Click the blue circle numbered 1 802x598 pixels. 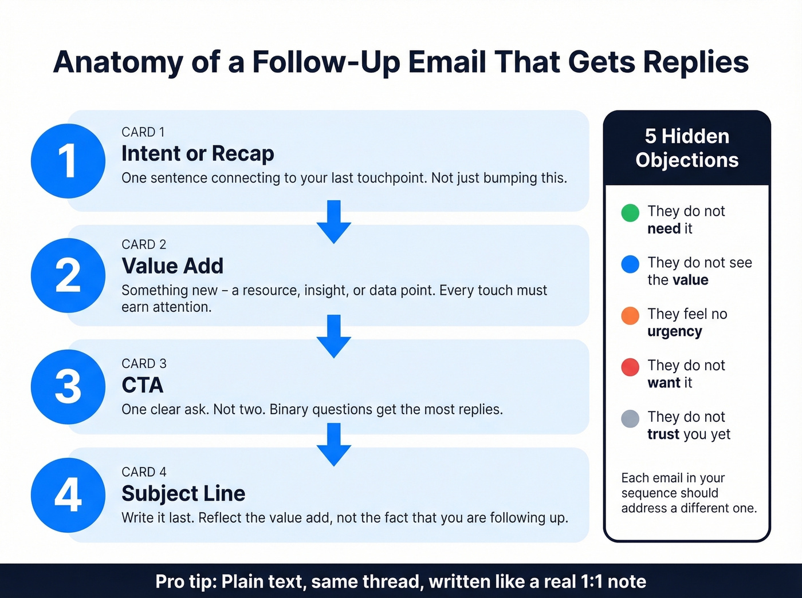tap(68, 161)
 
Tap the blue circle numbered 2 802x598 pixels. tap(68, 275)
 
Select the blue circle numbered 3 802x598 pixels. tap(68, 387)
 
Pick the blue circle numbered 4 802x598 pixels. tap(68, 495)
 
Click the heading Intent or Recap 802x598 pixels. tap(198, 153)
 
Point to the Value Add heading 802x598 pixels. tap(172, 266)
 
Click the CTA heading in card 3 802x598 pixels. tap(142, 385)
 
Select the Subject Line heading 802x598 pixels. tap(183, 493)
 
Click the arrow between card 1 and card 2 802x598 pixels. tap(334, 221)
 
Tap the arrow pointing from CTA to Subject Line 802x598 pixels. tap(334, 444)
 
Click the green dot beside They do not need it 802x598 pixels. tap(630, 213)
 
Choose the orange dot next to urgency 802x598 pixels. tap(630, 315)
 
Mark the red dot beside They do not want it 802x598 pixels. tap(630, 367)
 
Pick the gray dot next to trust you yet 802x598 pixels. tap(630, 418)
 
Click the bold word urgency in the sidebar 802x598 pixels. tap(674, 332)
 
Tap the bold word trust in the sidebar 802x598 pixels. tap(663, 434)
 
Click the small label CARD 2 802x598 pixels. tap(144, 244)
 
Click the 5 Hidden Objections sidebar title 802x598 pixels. tap(687, 148)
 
